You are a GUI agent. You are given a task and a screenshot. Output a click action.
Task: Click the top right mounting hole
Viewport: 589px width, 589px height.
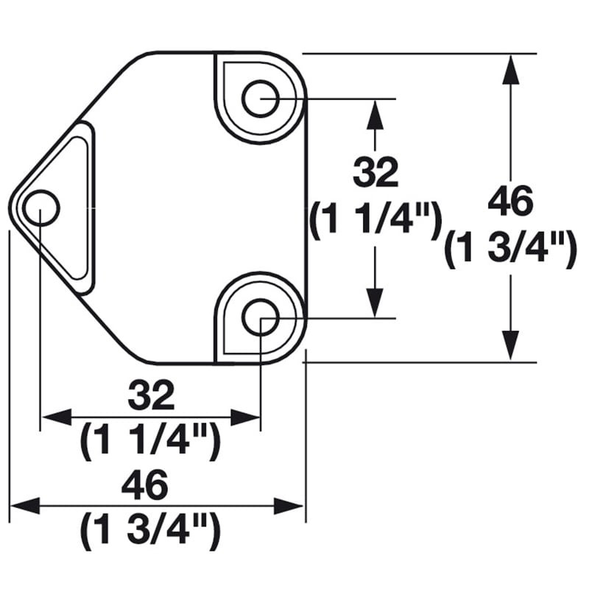coord(261,98)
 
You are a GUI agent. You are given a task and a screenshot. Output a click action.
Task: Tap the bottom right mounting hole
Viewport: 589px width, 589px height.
coord(261,319)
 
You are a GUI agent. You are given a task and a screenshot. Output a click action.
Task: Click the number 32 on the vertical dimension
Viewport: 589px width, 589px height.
coord(375,173)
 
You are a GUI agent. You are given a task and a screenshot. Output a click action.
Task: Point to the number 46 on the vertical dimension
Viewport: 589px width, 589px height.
coord(509,202)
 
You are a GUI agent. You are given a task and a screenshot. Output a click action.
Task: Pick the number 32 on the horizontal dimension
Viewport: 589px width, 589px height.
coord(151,395)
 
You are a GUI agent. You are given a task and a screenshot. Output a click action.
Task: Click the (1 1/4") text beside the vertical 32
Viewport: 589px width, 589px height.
coord(375,220)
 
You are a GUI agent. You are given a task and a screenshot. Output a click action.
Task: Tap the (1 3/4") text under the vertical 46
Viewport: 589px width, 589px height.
coord(509,250)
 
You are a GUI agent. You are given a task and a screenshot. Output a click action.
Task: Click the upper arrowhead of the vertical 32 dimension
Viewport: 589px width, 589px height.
coord(375,113)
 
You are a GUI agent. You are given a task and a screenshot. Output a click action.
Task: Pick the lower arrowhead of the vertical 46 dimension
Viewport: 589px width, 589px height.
coord(509,347)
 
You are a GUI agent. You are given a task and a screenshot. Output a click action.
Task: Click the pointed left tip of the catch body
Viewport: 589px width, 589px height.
coord(11,208)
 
